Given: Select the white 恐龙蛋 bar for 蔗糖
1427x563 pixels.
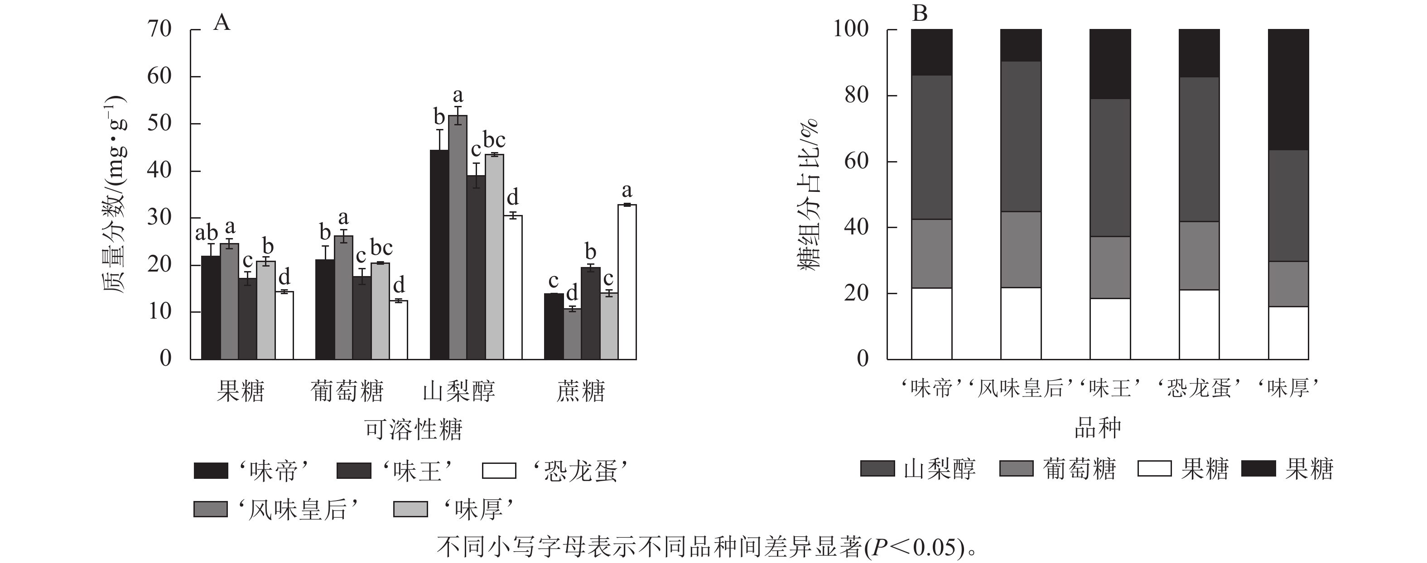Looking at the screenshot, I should pyautogui.click(x=627, y=282).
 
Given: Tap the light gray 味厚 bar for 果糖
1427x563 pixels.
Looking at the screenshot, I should pyautogui.click(x=266, y=310).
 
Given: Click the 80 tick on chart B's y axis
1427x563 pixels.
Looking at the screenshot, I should pyautogui.click(x=856, y=95).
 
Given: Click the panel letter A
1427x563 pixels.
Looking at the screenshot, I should pyautogui.click(x=222, y=23).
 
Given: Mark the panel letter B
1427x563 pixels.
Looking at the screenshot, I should pyautogui.click(x=920, y=13).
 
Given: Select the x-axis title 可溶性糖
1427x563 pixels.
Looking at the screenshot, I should pyautogui.click(x=413, y=429).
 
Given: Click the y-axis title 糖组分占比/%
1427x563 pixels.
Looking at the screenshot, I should pyautogui.click(x=808, y=194).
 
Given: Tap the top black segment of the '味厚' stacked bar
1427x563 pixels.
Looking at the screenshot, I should pyautogui.click(x=1288, y=89).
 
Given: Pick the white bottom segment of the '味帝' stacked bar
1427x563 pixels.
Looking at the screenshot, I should pyautogui.click(x=932, y=324).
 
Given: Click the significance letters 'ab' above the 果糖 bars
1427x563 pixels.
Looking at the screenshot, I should pyautogui.click(x=206, y=234).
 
